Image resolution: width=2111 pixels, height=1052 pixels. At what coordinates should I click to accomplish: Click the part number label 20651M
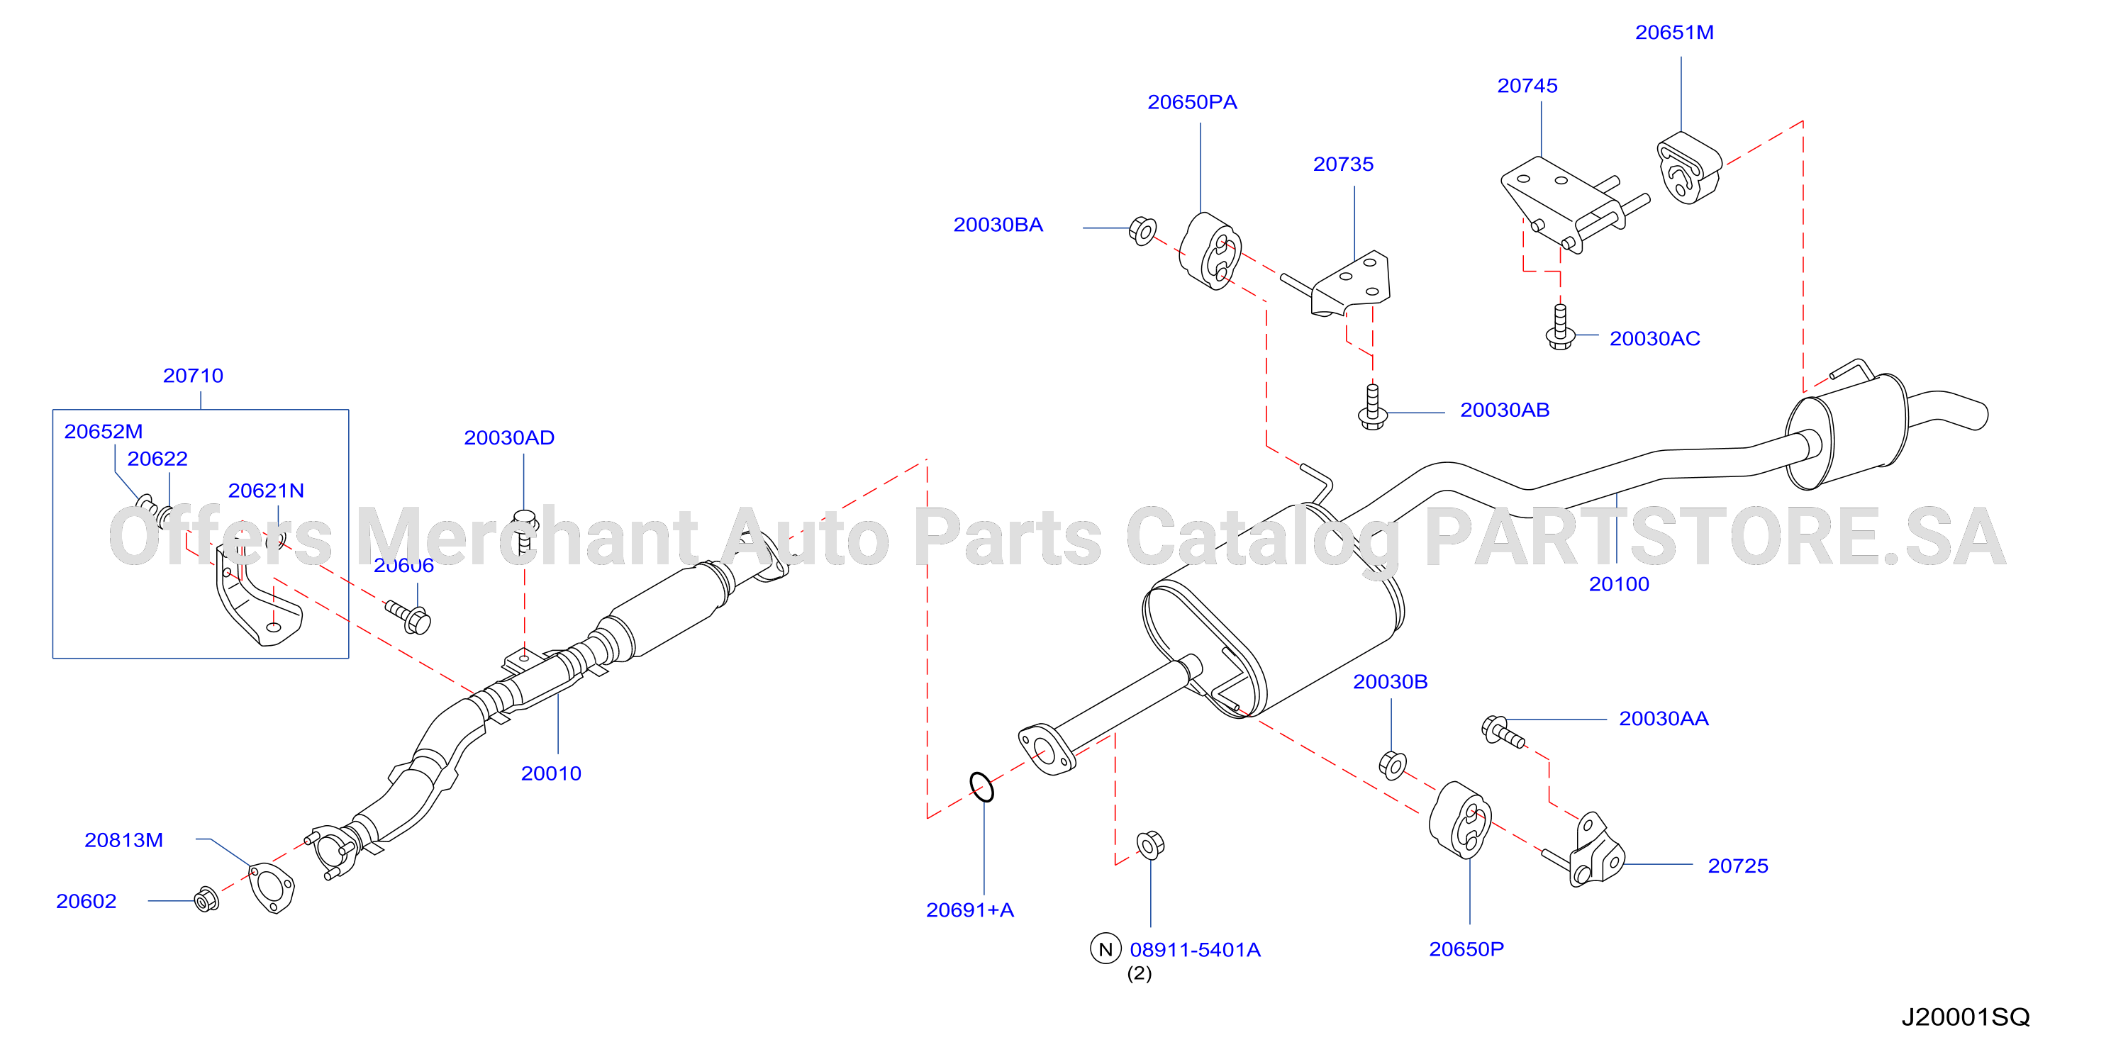click(x=1674, y=33)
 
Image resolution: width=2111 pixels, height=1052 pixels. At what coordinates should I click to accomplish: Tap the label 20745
click(x=1527, y=86)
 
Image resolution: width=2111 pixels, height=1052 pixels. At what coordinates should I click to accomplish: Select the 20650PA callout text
click(x=1192, y=102)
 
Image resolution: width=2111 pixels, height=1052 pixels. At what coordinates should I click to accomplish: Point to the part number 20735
click(x=1343, y=164)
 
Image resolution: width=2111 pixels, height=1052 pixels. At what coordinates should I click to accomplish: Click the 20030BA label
click(x=998, y=225)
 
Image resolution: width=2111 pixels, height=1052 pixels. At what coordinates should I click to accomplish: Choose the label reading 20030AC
click(x=1654, y=339)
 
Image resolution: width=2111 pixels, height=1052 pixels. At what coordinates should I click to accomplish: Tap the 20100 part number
click(x=1618, y=585)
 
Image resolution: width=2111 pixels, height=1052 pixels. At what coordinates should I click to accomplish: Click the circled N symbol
click(x=1105, y=949)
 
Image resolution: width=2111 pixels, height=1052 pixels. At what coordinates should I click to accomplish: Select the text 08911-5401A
click(x=1195, y=951)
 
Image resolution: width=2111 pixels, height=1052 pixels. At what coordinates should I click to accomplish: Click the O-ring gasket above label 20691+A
click(x=981, y=787)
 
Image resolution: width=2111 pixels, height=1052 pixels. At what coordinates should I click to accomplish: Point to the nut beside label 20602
click(x=206, y=900)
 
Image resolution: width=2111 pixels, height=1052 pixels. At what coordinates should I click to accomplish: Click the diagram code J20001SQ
click(x=1965, y=1017)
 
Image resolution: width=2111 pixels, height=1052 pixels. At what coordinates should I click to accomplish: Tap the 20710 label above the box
click(x=193, y=376)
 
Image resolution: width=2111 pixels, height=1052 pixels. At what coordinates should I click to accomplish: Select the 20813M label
click(x=124, y=841)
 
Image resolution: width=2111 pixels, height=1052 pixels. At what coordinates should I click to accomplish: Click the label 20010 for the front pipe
click(x=551, y=774)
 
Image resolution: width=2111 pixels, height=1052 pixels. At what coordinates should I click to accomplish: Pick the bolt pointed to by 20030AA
click(x=1503, y=731)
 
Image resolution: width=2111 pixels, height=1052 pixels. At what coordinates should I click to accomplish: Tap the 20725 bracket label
click(x=1737, y=867)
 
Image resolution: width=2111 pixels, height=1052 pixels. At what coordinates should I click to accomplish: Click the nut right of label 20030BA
click(x=1142, y=230)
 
